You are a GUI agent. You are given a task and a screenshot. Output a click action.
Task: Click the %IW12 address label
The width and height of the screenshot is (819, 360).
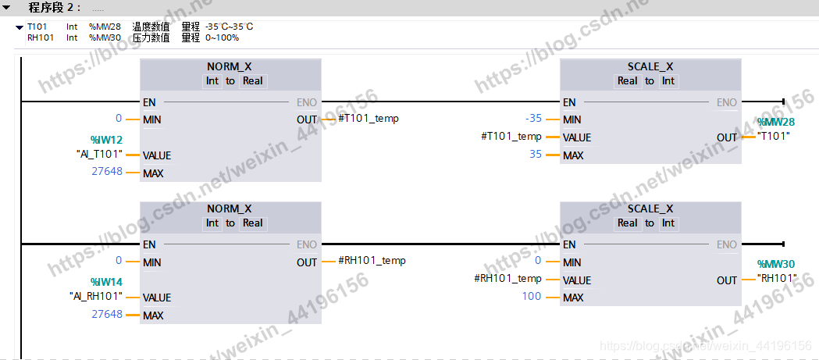click(106, 139)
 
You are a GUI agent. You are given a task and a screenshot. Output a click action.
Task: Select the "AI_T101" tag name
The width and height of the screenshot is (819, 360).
click(99, 154)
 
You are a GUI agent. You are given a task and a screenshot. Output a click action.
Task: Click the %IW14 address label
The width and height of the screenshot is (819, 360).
click(106, 282)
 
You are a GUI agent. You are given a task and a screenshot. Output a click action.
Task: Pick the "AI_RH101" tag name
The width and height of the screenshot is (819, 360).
click(96, 297)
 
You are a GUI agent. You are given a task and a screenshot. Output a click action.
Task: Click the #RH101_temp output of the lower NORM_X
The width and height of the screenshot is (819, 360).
click(372, 261)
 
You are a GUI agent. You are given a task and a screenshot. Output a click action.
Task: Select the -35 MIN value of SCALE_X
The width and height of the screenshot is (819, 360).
click(533, 119)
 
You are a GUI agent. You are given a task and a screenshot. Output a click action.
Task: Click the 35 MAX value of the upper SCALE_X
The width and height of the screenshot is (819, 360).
click(535, 155)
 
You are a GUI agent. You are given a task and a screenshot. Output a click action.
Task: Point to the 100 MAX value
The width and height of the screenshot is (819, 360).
click(532, 297)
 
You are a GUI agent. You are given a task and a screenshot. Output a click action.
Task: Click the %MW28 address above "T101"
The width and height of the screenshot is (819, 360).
click(775, 122)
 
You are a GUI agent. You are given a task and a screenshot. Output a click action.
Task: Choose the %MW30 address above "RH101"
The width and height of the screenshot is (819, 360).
click(775, 265)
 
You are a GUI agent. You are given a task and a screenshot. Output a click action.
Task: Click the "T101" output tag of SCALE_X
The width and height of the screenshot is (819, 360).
click(774, 136)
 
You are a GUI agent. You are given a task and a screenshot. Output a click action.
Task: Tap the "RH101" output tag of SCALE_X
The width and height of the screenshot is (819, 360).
click(776, 279)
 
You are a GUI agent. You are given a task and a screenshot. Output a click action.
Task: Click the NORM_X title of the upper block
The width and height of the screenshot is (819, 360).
click(230, 66)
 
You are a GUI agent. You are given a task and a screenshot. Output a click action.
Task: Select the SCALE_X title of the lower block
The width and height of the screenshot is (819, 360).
click(650, 209)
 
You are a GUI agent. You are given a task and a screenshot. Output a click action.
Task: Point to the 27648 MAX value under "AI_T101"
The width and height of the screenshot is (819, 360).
click(107, 171)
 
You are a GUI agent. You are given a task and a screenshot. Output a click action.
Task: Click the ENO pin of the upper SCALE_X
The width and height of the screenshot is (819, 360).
click(726, 102)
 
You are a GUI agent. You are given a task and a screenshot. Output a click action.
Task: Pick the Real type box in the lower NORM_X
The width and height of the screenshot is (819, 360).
click(253, 223)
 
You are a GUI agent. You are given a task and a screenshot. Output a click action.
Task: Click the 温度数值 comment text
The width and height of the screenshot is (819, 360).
click(151, 27)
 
